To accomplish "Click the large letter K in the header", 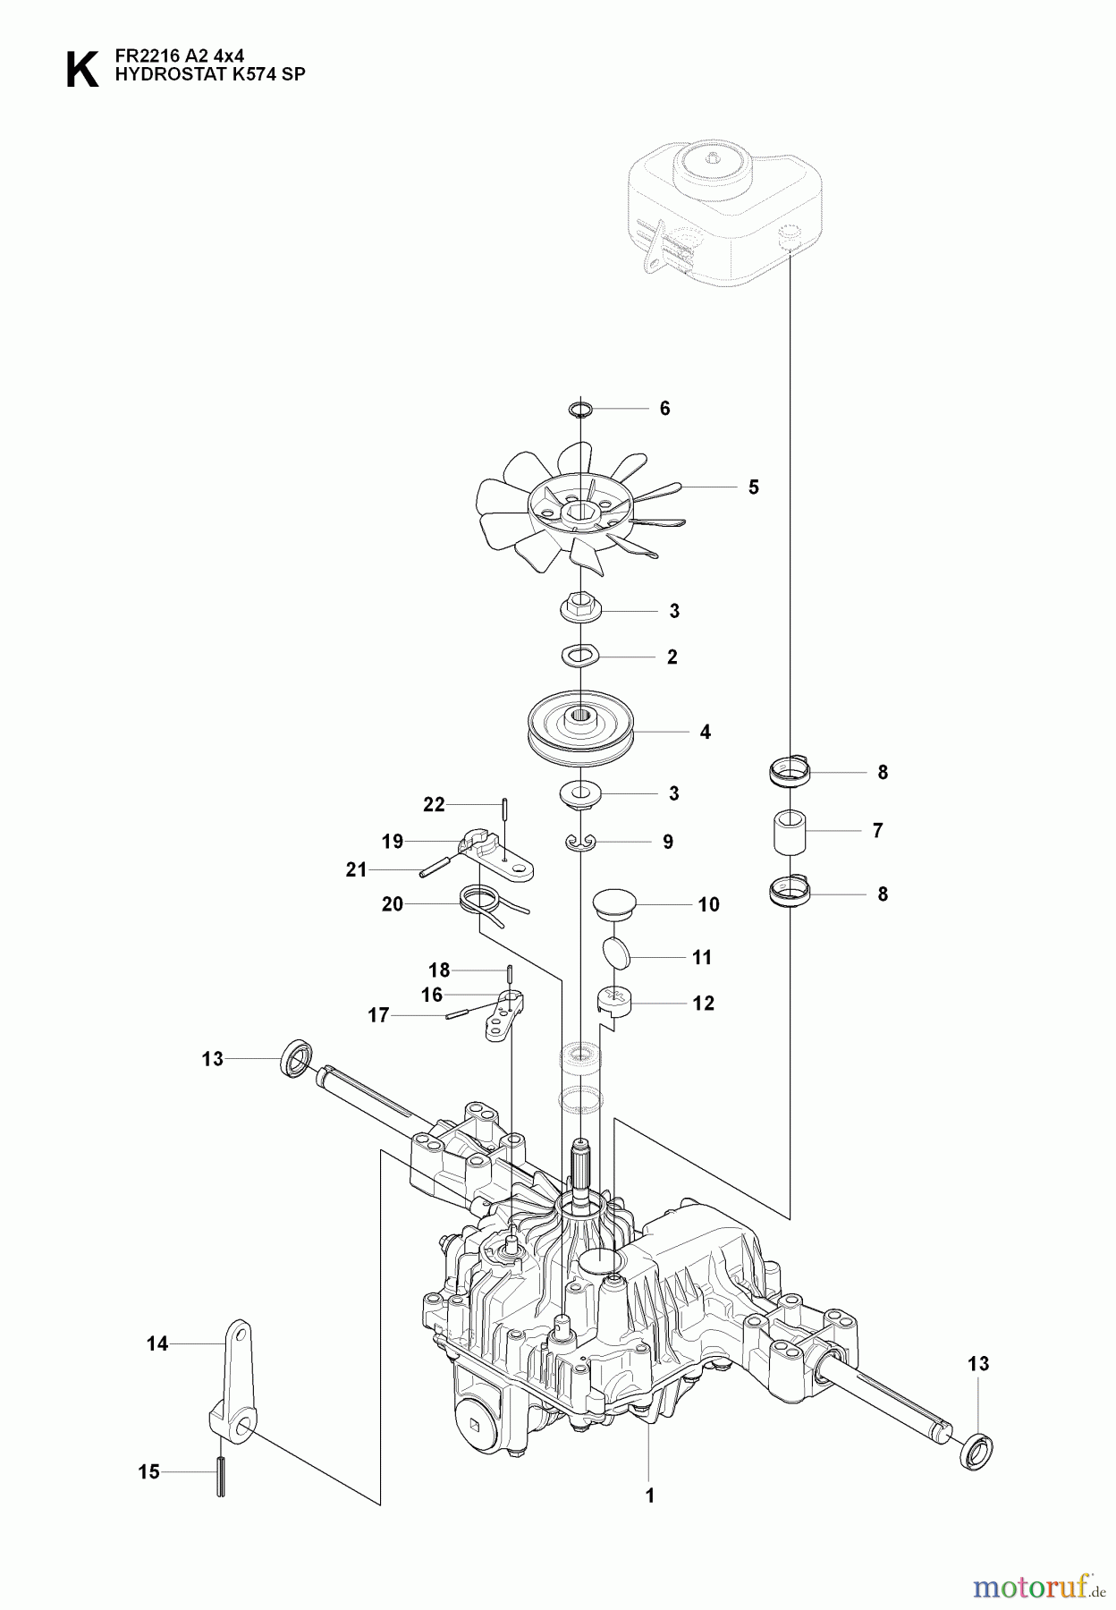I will click(x=82, y=69).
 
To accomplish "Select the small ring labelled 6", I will click(x=580, y=409).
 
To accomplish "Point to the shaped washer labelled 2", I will click(x=580, y=657).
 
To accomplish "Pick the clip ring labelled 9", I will click(x=581, y=843).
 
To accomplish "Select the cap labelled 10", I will click(x=613, y=901).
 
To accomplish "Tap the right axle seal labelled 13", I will click(x=976, y=1448).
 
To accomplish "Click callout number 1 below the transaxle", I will click(x=650, y=1495).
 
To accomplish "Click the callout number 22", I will click(x=434, y=805).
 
